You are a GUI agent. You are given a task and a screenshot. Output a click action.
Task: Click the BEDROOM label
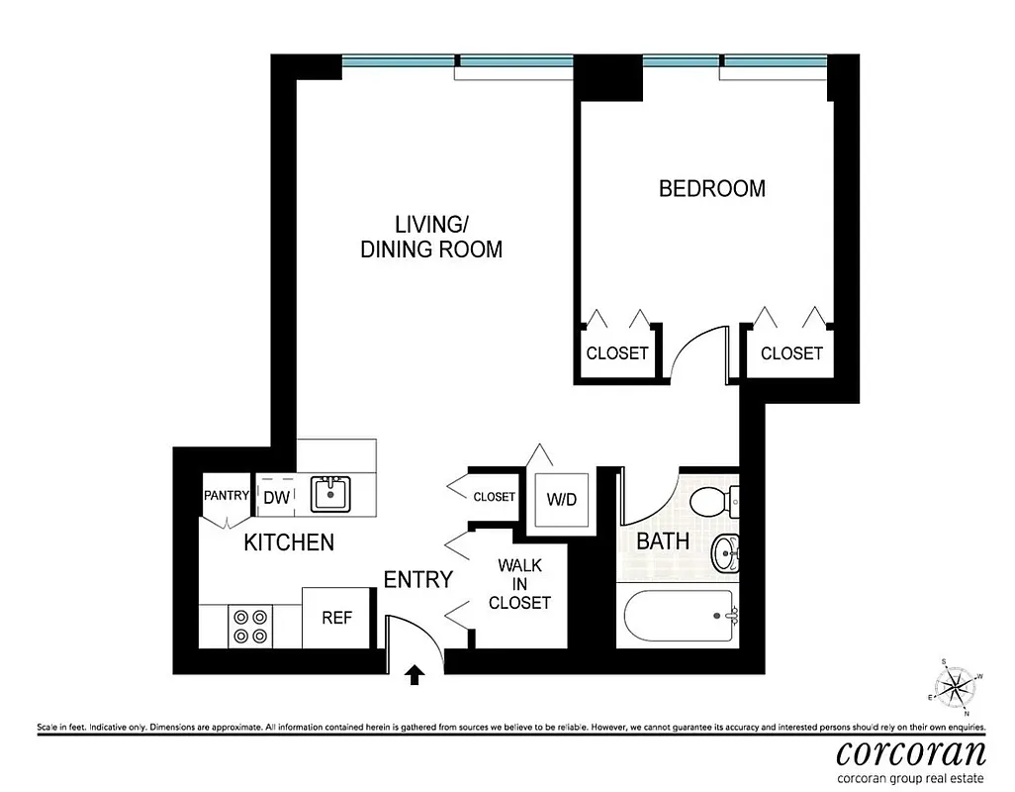coord(711,188)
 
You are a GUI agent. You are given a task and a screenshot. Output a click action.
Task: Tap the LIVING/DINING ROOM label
coord(431,237)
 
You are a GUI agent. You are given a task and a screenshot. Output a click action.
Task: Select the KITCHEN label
coord(289,543)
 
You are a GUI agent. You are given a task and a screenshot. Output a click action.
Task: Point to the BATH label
coord(662,542)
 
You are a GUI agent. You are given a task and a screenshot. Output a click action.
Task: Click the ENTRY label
coord(417,579)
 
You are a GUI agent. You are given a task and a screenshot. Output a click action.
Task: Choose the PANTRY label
coord(227,495)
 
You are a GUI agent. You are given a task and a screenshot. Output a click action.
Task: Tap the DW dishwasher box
coord(277,498)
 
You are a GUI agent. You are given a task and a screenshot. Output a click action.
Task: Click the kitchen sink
coord(330,493)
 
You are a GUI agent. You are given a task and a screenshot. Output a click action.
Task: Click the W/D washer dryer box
coord(561,500)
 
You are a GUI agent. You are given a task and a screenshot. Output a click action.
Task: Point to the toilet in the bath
coord(709,501)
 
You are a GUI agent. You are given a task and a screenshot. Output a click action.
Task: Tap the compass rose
coord(954,687)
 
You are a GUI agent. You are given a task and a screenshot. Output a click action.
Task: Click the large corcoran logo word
coord(910,751)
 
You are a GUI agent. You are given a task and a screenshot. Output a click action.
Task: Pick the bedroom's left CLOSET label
coord(617,353)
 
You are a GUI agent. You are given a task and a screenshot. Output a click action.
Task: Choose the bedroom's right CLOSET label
coord(791,353)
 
